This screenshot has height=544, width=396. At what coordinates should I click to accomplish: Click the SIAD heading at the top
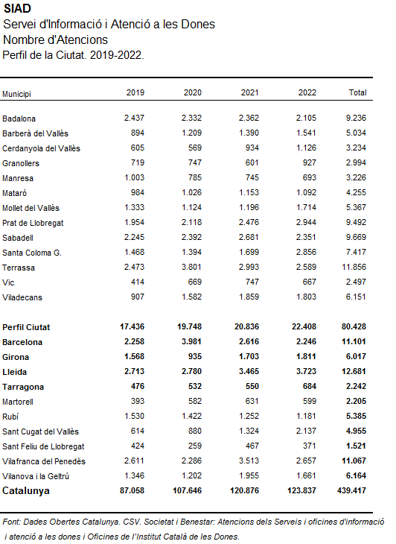[x=16, y=8]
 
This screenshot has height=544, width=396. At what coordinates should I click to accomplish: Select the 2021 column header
[x=249, y=92]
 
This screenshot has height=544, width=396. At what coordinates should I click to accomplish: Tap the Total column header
[x=357, y=92]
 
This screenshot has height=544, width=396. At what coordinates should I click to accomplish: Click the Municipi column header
[x=16, y=94]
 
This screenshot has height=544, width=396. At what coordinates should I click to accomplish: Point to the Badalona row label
[x=19, y=118]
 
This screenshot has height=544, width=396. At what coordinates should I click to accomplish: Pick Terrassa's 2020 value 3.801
[x=191, y=267]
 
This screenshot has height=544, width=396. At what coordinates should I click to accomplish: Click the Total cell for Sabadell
[x=356, y=237]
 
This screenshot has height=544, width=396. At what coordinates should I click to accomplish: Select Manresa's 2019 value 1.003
[x=135, y=177]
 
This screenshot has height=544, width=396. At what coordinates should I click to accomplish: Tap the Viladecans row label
[x=22, y=297]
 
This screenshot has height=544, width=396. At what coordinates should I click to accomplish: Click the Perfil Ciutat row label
[x=26, y=327]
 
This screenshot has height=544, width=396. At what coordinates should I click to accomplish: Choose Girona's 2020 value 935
[x=195, y=356]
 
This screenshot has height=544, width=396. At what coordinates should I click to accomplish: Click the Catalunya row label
[x=26, y=491]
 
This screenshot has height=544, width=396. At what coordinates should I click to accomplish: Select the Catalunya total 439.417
[x=351, y=490]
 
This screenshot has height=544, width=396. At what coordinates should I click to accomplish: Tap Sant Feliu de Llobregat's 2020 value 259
[x=195, y=446]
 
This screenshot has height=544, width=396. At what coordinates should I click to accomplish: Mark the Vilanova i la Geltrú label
[x=36, y=476]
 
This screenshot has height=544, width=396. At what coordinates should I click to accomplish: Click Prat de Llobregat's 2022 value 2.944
[x=306, y=222]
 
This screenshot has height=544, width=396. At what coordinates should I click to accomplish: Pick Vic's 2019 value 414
[x=138, y=282]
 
